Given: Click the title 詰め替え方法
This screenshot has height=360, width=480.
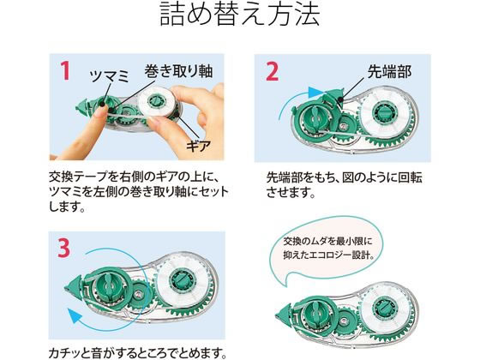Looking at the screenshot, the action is pos(240,14).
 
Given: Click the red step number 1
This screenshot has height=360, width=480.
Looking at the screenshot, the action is pos(65,71).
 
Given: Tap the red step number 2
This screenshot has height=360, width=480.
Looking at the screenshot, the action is pos(272,71).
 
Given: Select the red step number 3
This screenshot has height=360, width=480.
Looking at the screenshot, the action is pos(63,248).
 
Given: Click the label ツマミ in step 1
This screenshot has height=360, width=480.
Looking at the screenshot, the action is pos(109,76).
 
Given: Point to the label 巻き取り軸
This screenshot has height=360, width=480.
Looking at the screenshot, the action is pos(178,71).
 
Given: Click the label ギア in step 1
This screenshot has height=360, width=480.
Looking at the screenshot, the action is pos(198,146).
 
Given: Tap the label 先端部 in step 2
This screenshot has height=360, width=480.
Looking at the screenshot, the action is pos(390,72).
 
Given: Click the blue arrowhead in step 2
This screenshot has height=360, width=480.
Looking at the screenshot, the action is pos(315,93).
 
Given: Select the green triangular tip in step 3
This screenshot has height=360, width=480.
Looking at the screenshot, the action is pos(74,288).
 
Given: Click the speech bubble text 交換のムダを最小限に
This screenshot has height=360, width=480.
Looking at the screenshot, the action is pos(327,241).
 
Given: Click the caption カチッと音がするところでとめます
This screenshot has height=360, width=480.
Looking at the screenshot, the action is pos(137,353).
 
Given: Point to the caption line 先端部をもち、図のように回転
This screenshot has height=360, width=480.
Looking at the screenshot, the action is pos(344,177).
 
